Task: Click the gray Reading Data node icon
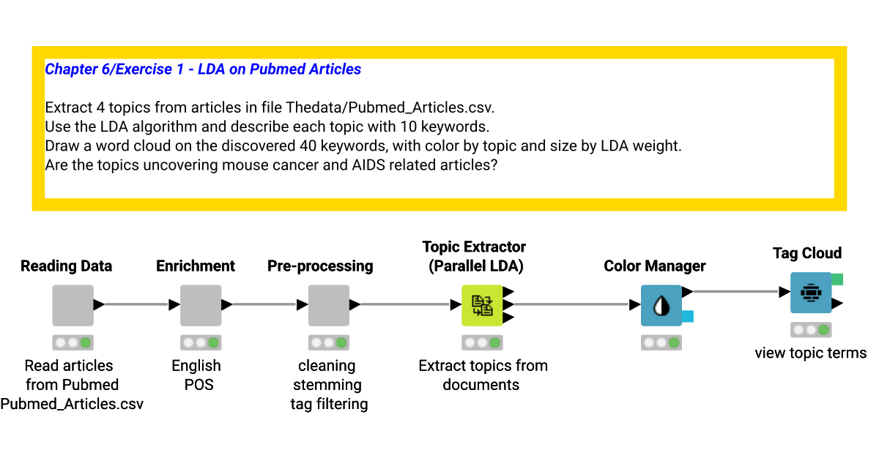pyautogui.click(x=73, y=305)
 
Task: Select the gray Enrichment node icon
pyautogui.click(x=201, y=305)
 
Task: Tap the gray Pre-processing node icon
pyautogui.click(x=328, y=305)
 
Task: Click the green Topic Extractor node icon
pyautogui.click(x=482, y=305)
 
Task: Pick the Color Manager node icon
pyautogui.click(x=661, y=305)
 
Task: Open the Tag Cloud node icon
pyautogui.click(x=810, y=293)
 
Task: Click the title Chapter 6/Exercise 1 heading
pyautogui.click(x=203, y=70)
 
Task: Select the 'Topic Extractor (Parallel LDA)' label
pyautogui.click(x=475, y=256)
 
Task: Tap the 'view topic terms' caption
pyautogui.click(x=810, y=353)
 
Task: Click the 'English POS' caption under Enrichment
pyautogui.click(x=196, y=375)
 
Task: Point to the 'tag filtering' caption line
pyautogui.click(x=328, y=404)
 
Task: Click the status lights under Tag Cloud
pyautogui.click(x=810, y=329)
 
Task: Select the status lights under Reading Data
pyautogui.click(x=73, y=342)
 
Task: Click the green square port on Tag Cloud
pyautogui.click(x=837, y=279)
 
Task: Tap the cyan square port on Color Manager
pyautogui.click(x=688, y=316)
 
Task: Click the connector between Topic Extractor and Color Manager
pyautogui.click(x=571, y=304)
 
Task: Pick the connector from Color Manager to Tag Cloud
pyautogui.click(x=736, y=291)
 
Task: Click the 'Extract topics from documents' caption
pyautogui.click(x=483, y=375)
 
